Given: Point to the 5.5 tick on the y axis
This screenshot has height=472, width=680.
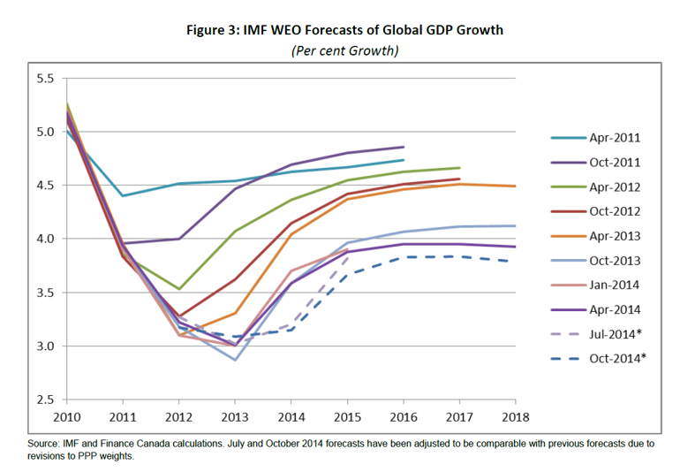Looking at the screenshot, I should [x=44, y=79].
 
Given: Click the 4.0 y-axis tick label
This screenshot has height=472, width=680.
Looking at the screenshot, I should [x=44, y=239].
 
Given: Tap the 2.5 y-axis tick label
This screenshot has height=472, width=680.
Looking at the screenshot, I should [x=44, y=400].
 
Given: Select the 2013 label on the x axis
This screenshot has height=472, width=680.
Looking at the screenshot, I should [x=235, y=416].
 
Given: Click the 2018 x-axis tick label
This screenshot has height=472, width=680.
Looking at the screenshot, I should [x=515, y=416].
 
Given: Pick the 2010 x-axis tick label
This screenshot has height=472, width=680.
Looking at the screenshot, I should [x=68, y=416].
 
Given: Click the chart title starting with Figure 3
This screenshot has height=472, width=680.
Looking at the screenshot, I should [x=345, y=30].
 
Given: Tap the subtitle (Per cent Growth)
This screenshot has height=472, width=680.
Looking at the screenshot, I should [x=344, y=50].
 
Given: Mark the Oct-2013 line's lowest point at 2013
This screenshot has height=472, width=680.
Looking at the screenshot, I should [x=236, y=360].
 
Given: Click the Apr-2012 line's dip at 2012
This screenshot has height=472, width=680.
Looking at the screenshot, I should [x=180, y=289].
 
